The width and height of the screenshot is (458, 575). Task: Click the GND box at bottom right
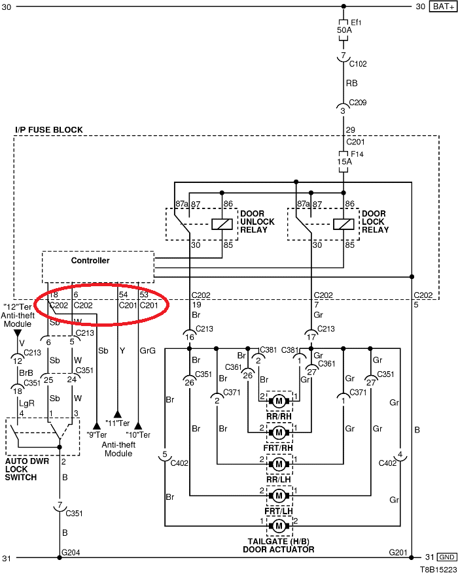click(447, 557)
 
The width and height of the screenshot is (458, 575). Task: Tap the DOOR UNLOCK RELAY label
click(257, 222)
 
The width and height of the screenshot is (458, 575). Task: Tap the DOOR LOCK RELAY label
click(375, 222)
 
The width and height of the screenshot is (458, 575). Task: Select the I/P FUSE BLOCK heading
click(49, 130)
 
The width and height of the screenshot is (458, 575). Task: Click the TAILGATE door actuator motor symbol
click(279, 525)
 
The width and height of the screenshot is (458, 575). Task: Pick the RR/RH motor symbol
click(279, 401)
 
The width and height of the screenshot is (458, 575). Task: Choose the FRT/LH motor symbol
click(279, 494)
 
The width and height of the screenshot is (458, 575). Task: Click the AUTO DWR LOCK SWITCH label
click(31, 469)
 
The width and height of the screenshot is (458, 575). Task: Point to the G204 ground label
click(70, 553)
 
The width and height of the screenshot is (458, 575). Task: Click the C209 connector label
click(358, 103)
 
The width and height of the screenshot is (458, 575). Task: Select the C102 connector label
click(358, 64)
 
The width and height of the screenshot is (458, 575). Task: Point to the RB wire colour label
click(351, 84)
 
